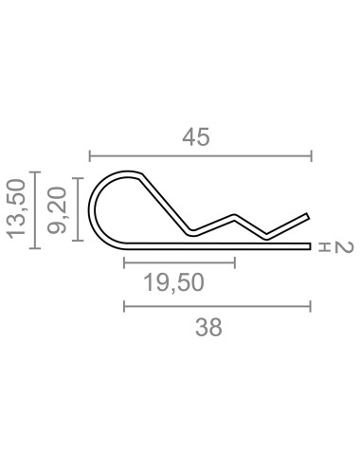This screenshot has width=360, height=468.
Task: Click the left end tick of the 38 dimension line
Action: click(x=124, y=306)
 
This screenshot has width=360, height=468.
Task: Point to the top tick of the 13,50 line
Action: click(x=35, y=171)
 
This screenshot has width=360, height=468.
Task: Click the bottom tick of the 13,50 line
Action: click(x=35, y=248)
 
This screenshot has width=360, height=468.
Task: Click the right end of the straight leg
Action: click(x=309, y=247)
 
